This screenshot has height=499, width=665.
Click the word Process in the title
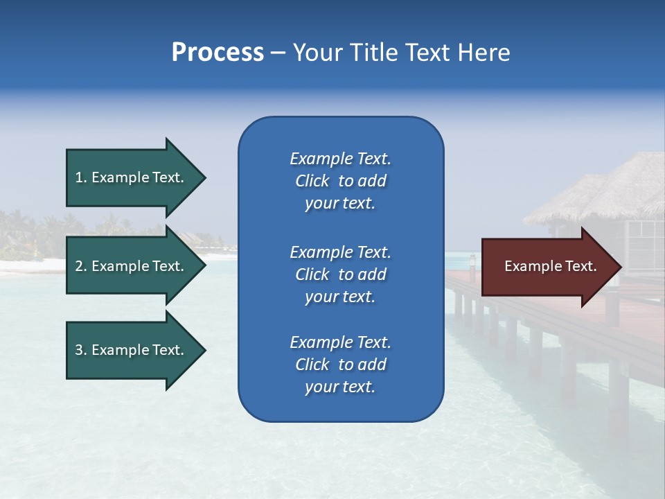218,53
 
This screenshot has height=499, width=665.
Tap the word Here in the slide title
484,53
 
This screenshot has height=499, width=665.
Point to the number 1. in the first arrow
81,177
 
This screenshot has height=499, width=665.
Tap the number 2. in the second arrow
81,266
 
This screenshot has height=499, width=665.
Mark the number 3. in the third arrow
81,350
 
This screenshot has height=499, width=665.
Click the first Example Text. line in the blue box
340,159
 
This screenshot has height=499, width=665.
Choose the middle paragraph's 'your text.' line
340,297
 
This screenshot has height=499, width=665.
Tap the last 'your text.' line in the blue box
340,387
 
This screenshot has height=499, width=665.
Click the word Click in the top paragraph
312,181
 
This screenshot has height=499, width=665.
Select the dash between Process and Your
278,53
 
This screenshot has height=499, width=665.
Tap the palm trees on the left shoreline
28,232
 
